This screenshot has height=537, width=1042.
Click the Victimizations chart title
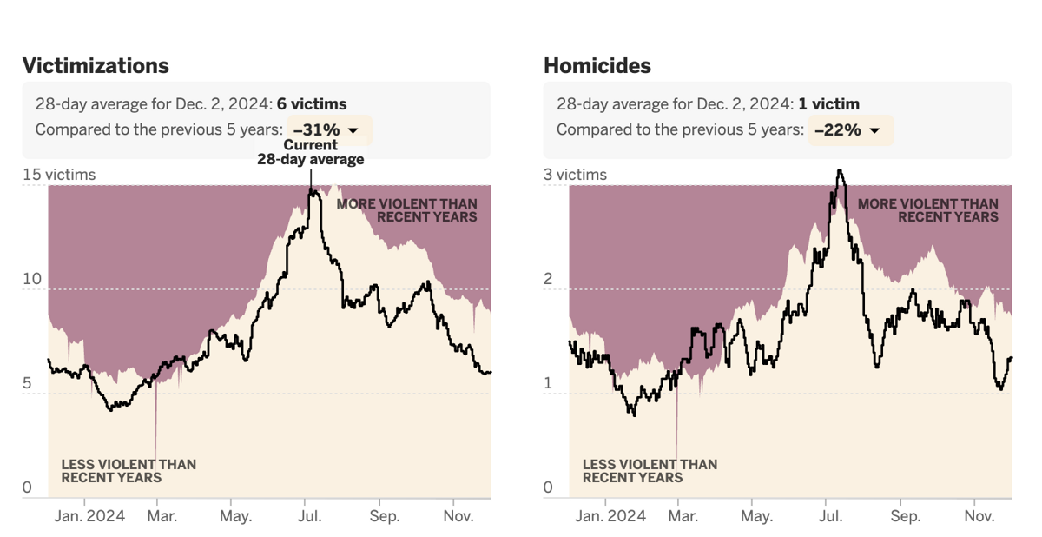point(96,65)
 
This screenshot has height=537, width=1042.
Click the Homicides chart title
point(597,65)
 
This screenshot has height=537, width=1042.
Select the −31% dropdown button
point(328,130)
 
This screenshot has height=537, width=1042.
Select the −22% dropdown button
point(849,130)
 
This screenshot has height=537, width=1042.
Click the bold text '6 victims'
point(312,104)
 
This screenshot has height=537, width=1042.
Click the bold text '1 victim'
point(829,104)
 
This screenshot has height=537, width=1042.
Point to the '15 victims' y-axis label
point(59,175)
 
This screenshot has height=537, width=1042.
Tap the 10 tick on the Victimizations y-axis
point(32,279)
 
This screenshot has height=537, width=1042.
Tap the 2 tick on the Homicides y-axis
point(548,279)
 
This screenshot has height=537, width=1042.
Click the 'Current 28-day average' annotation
point(310,152)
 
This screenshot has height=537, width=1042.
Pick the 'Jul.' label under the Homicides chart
point(831,516)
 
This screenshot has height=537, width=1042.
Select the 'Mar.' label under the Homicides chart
point(683,516)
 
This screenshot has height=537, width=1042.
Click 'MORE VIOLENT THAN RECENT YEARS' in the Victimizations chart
point(406,210)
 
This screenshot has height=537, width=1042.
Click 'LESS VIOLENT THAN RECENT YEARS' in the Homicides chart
point(650,471)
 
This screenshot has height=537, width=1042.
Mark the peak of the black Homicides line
point(839,171)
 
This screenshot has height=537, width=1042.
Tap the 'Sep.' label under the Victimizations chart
point(385,516)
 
